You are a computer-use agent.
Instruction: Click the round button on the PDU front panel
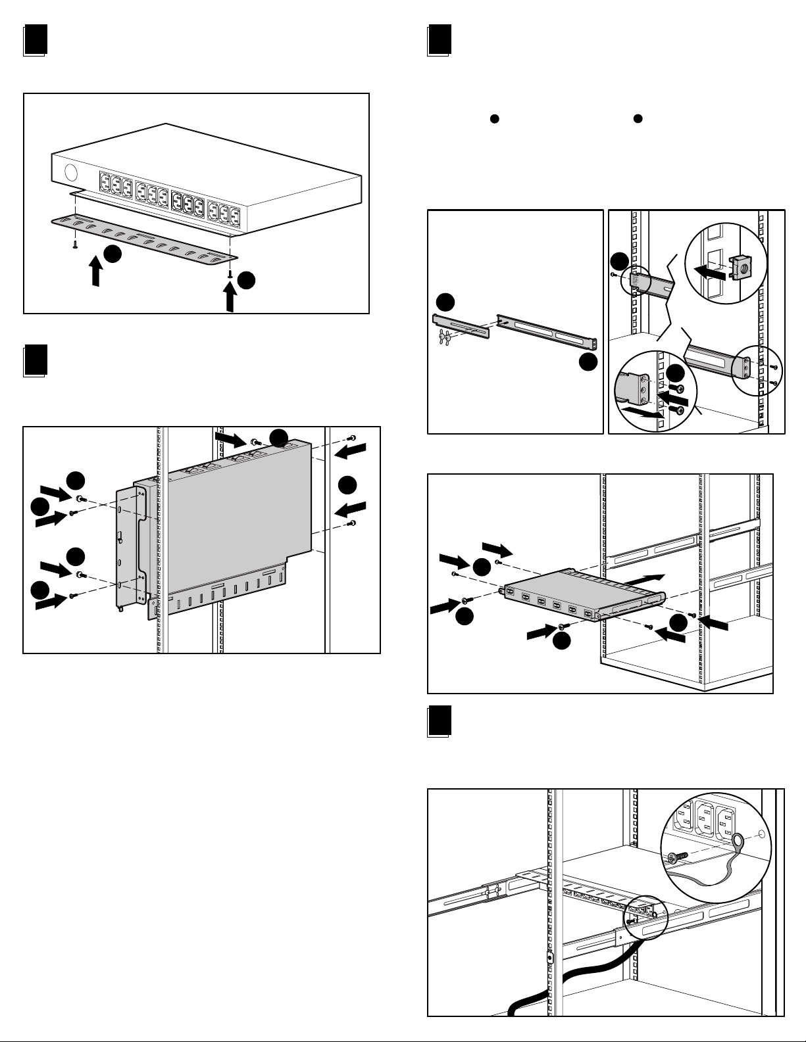point(70,173)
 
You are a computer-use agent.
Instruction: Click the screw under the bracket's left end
point(75,244)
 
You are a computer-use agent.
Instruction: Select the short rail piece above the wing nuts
point(461,325)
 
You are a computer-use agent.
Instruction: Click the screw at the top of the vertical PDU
point(255,442)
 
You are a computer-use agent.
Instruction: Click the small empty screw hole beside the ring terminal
point(762,834)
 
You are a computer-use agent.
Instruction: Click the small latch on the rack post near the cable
point(550,957)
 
